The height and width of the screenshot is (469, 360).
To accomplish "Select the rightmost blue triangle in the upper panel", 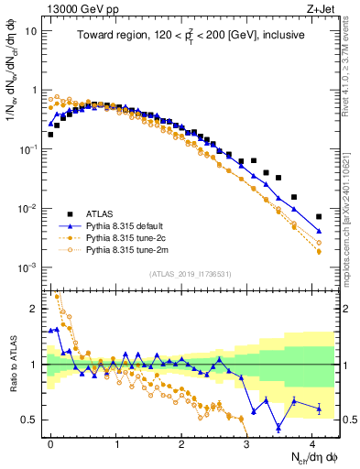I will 319,231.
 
